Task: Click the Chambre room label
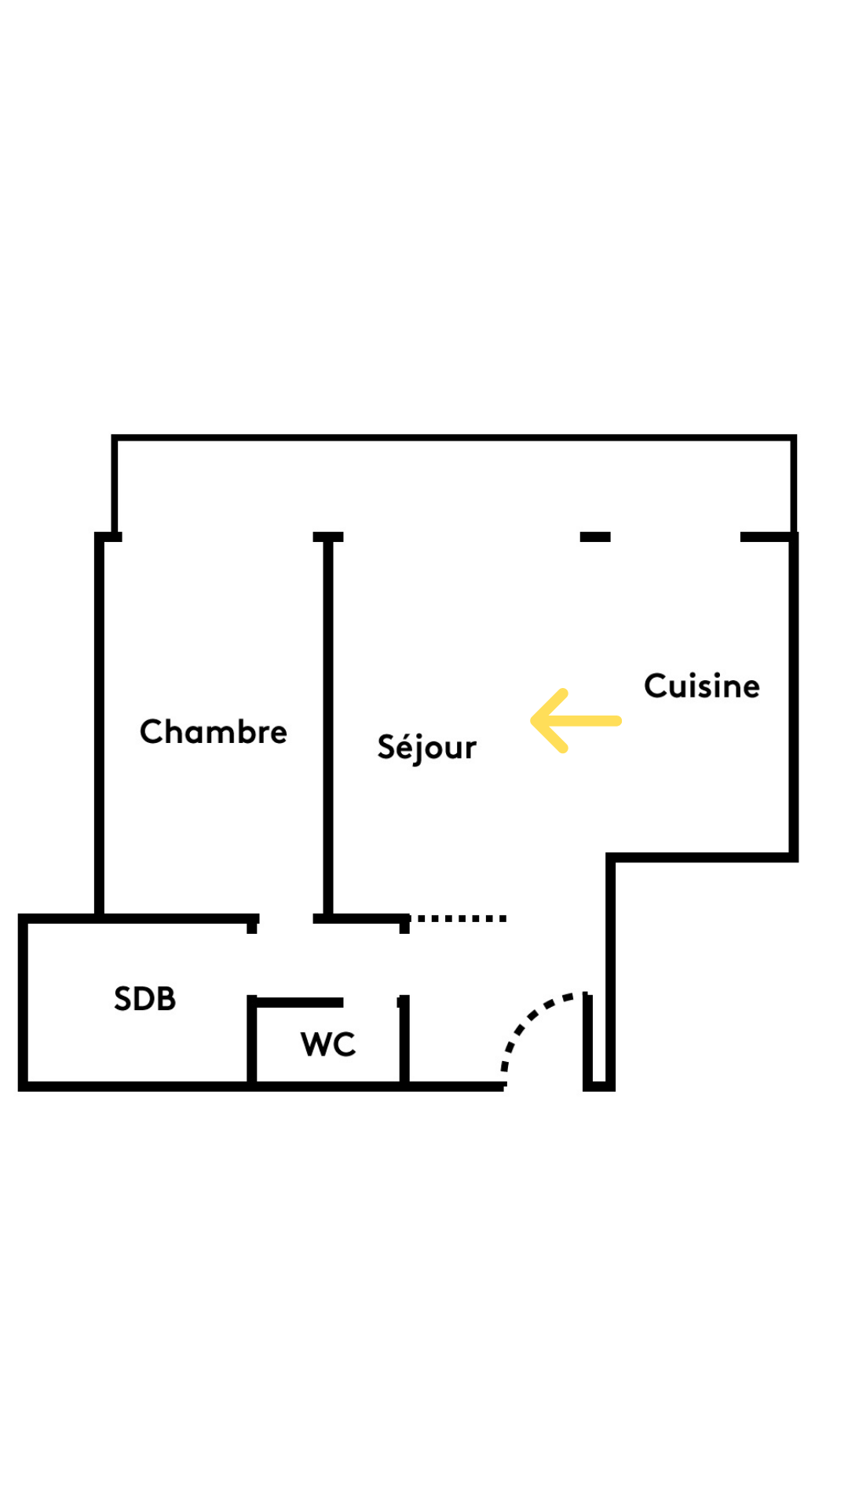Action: coord(213,732)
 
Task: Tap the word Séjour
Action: coord(426,747)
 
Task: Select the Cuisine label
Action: coord(701,686)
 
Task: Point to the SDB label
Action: coord(144,999)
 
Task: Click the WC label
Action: coord(328,1045)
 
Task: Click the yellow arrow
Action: coord(576,720)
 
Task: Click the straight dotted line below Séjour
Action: coord(459,918)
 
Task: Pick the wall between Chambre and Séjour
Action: coord(328,723)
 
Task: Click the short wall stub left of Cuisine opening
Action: coord(595,537)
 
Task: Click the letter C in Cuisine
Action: coord(656,686)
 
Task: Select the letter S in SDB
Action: coord(123,999)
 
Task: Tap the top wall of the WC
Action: coord(298,1002)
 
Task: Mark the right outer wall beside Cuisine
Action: coord(794,699)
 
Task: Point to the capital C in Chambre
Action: coord(151,732)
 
